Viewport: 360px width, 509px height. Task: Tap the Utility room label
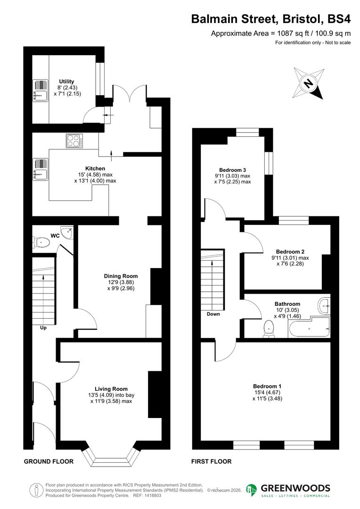[x=66, y=82]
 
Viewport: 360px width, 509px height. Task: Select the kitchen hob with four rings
[x=75, y=140]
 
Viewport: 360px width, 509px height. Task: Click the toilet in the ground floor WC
[x=41, y=243]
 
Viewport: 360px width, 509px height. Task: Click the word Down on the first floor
[x=213, y=314]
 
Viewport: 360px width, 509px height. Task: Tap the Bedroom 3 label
[x=233, y=170]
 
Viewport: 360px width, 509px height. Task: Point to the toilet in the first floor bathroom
[x=269, y=328]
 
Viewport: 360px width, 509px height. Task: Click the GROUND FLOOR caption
[x=49, y=461]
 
